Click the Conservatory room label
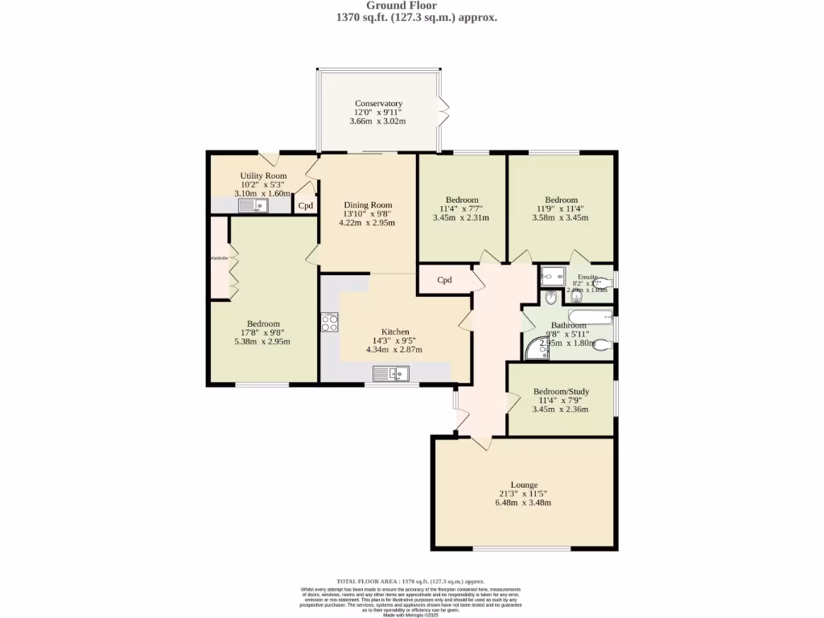(x=378, y=104)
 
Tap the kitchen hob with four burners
(x=329, y=322)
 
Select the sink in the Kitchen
(x=391, y=373)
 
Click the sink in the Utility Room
(x=253, y=206)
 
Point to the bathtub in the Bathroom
(x=591, y=315)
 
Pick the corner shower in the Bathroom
(x=534, y=348)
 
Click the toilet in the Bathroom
(x=602, y=347)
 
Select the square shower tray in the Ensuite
(x=553, y=277)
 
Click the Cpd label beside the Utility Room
(x=306, y=206)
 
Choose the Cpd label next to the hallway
(x=444, y=281)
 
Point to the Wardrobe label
(x=220, y=258)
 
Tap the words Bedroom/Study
(x=561, y=392)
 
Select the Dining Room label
(x=368, y=205)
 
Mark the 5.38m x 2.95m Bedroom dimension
(x=262, y=341)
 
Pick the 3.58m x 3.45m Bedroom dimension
(x=561, y=217)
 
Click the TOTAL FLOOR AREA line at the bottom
(x=411, y=581)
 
